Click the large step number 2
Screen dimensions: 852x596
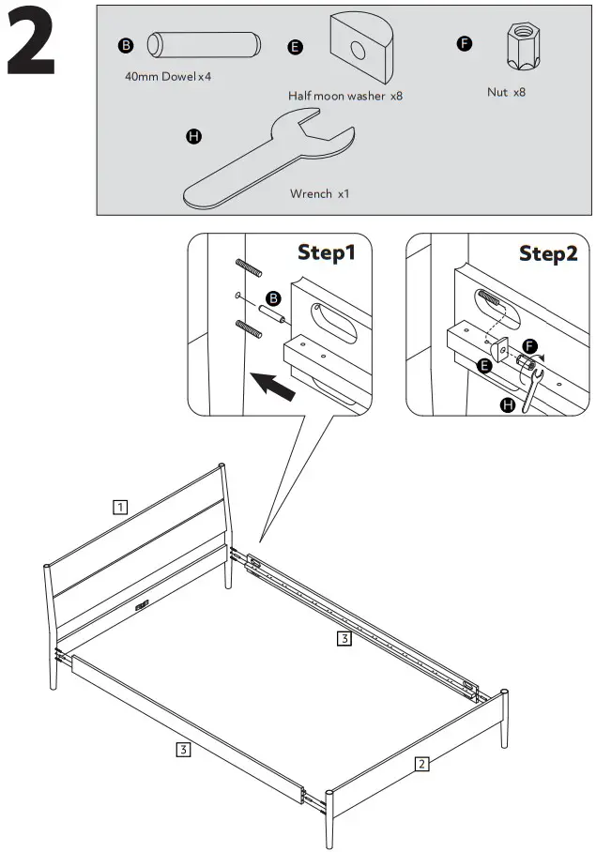[31, 43]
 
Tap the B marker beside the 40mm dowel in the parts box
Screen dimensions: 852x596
[124, 45]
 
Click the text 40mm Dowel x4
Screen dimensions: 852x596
[168, 76]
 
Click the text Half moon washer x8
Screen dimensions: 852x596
[345, 96]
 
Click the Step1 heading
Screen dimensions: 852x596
[327, 252]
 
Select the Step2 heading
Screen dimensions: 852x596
[548, 253]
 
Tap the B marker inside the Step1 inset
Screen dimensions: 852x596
[274, 297]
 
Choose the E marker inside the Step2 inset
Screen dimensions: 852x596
[484, 366]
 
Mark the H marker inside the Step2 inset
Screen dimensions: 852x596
[509, 405]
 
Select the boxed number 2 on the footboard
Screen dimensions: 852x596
[422, 764]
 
